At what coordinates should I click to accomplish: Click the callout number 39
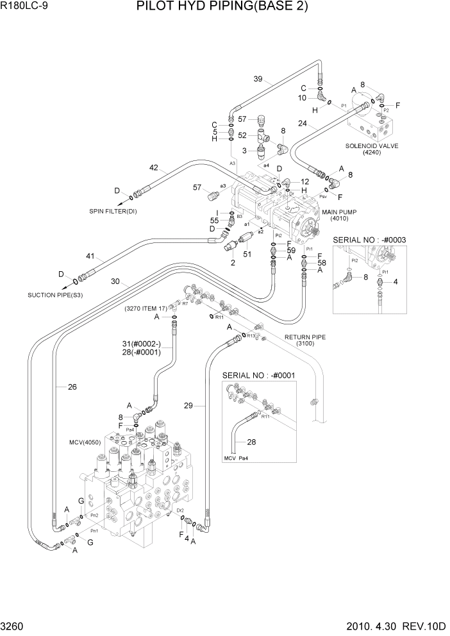click(258, 79)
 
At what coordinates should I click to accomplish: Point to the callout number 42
click(153, 168)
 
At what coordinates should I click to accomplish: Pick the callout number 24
click(302, 126)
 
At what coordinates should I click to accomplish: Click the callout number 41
click(90, 256)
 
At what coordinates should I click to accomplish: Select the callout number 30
click(115, 281)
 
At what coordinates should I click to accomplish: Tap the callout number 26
click(72, 386)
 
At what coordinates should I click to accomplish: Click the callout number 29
click(188, 405)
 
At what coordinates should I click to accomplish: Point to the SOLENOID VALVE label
click(372, 146)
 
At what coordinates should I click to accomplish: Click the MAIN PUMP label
click(338, 212)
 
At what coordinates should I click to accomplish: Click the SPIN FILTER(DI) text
click(113, 211)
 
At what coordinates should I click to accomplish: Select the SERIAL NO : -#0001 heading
click(258, 375)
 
